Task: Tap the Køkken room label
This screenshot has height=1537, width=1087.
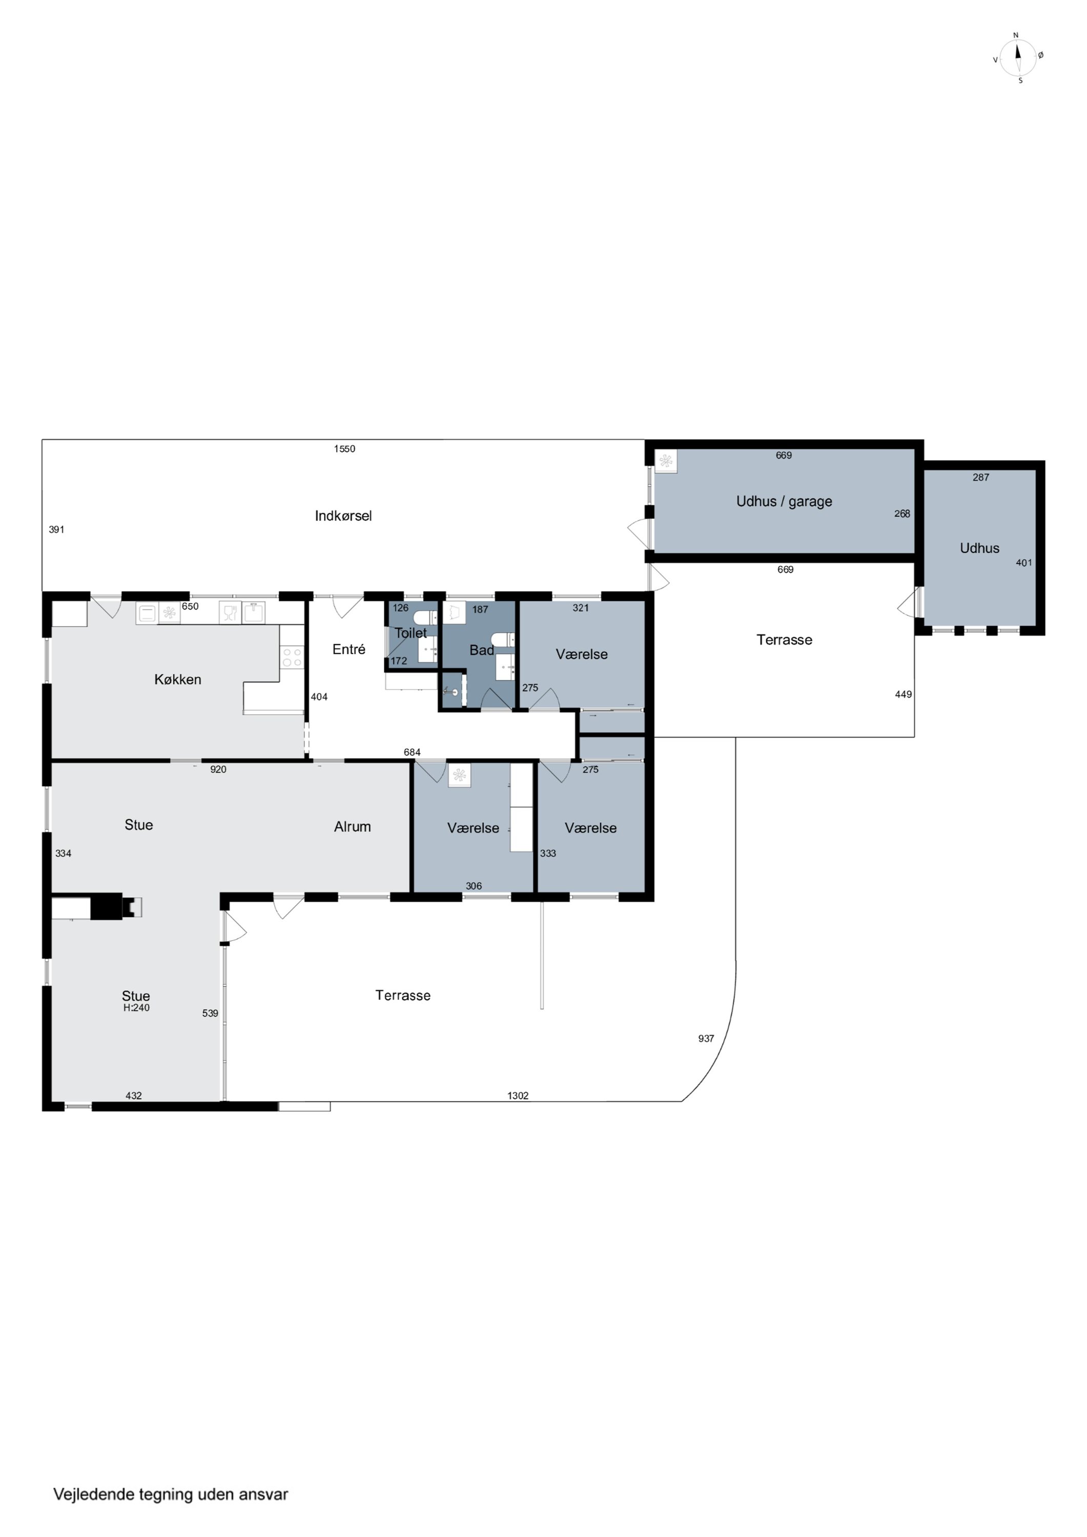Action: (177, 679)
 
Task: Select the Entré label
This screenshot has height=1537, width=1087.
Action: (349, 649)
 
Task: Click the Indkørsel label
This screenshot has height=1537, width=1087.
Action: (343, 515)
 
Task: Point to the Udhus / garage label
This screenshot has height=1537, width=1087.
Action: (784, 502)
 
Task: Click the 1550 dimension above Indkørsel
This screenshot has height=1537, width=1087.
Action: (344, 448)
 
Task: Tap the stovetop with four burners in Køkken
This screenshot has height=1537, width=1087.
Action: (292, 657)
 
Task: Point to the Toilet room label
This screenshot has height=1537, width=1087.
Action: (411, 633)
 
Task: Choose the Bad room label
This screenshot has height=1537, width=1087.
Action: (482, 650)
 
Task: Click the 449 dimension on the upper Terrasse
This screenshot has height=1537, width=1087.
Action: (904, 694)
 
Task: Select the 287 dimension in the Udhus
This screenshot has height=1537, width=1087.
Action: (980, 477)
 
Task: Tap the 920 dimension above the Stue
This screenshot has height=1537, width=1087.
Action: (218, 769)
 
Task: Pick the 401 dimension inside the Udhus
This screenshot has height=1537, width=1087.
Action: (1024, 563)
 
